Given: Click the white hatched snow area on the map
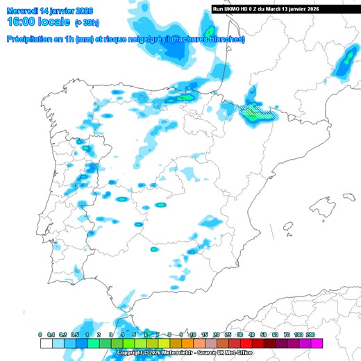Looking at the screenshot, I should click(256, 110).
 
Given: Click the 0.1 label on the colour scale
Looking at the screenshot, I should click(51, 335).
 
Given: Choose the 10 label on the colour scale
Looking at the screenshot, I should click(193, 335).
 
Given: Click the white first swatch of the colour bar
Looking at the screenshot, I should click(46, 343).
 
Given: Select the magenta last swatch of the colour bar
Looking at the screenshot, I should click(317, 343).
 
